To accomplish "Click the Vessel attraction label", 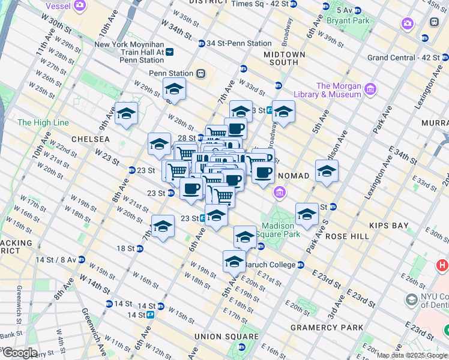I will click(59, 5).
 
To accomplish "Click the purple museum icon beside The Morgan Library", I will click(370, 90).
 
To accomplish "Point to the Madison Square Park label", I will click(278, 230).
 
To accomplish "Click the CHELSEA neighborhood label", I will click(90, 139).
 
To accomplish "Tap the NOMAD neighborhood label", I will click(294, 176).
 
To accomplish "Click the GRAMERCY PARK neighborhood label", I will click(327, 328).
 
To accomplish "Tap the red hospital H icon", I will click(442, 265).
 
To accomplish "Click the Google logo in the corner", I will click(20, 353).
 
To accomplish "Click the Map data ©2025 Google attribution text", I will click(412, 355).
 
